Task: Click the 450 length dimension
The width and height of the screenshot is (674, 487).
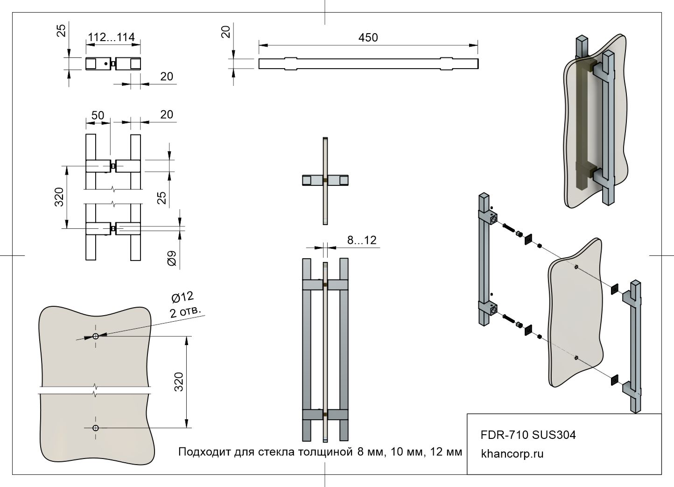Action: [x=368, y=37]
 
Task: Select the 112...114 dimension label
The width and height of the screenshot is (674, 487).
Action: [x=111, y=37]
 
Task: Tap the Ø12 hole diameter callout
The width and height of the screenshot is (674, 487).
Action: [x=182, y=297]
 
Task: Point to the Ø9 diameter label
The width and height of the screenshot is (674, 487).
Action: [x=172, y=259]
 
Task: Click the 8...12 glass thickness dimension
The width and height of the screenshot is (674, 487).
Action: [x=361, y=240]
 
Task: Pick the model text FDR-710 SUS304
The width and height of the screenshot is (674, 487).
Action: [x=528, y=435]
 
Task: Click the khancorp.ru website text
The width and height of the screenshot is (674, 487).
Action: [x=512, y=453]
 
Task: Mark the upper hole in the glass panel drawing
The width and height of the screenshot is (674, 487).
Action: [x=96, y=336]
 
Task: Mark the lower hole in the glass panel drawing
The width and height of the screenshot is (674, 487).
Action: [x=96, y=428]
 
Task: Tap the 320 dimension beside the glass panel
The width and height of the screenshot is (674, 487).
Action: [x=179, y=381]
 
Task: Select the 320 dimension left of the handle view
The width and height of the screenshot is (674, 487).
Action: [x=59, y=197]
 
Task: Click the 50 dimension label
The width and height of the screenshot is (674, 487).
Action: [x=98, y=115]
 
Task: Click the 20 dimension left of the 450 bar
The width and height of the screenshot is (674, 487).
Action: [x=226, y=32]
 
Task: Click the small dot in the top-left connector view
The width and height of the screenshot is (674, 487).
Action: [x=107, y=64]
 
